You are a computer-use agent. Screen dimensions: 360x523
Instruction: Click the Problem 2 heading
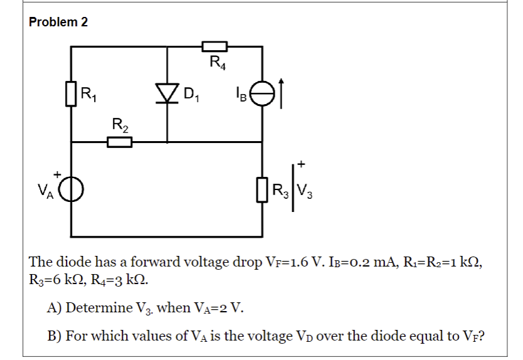pyautogui.click(x=58, y=22)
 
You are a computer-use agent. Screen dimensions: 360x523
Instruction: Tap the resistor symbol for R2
pyautogui.click(x=119, y=142)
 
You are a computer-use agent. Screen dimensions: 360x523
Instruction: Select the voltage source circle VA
pyautogui.click(x=71, y=188)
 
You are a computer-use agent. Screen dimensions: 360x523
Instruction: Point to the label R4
pyautogui.click(x=216, y=62)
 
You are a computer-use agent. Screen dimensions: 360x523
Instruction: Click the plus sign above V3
pyautogui.click(x=302, y=164)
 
